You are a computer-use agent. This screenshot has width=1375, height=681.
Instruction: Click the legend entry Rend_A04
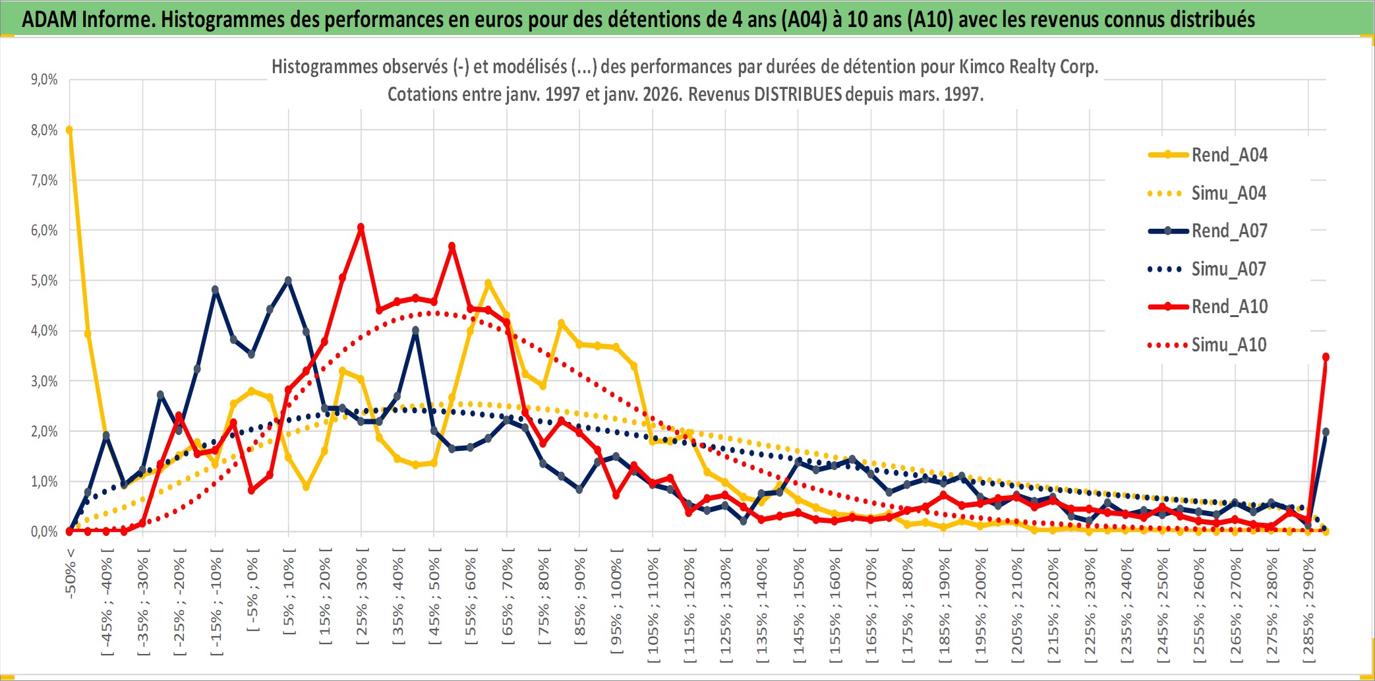1229,155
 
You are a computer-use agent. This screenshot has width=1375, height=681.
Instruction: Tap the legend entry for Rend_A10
1229,307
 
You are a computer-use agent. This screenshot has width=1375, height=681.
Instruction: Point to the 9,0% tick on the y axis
44,80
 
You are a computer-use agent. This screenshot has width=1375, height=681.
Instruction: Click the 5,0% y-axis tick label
44,281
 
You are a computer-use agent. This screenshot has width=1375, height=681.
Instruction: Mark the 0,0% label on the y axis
44,531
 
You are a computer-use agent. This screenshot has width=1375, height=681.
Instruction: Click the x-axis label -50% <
70,573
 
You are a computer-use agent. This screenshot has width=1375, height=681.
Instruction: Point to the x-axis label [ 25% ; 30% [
361,597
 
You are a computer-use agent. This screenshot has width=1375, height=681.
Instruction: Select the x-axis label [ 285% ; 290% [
1308,609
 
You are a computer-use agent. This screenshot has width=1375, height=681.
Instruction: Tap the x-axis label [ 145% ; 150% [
798,609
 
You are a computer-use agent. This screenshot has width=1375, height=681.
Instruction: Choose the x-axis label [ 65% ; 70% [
507,597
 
